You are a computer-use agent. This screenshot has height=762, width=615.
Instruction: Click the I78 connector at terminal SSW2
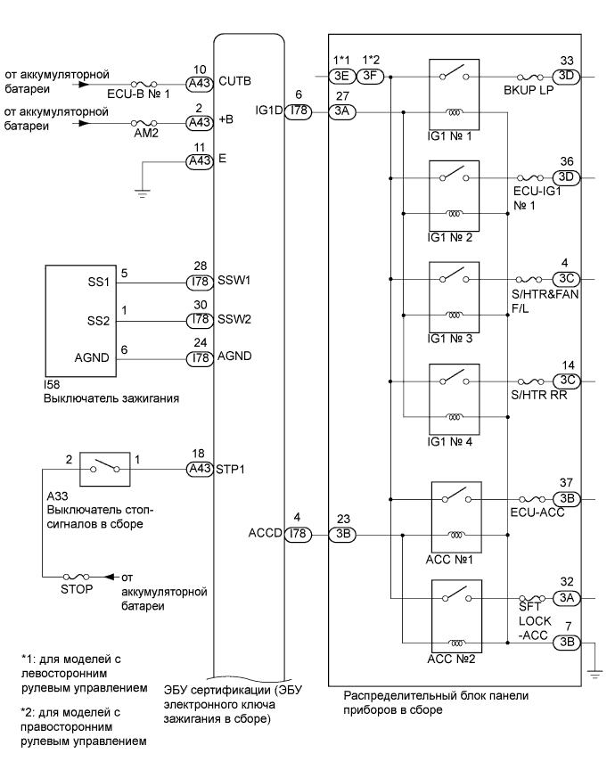(x=198, y=319)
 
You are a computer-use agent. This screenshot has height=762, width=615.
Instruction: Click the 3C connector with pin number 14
(x=566, y=380)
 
